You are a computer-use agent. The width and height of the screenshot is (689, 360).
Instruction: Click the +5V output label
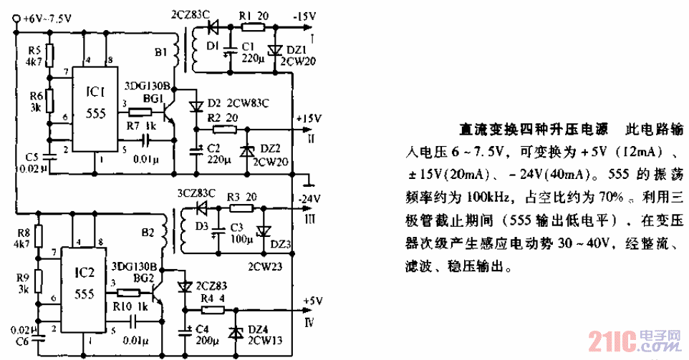304,301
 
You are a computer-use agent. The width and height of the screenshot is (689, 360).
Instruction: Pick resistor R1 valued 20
251,28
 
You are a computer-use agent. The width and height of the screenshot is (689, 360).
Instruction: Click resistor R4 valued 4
213,310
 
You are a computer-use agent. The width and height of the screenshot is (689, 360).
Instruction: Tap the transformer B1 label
160,52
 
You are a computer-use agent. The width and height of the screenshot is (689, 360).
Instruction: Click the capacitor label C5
31,157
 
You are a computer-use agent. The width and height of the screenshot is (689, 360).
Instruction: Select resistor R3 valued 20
242,208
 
